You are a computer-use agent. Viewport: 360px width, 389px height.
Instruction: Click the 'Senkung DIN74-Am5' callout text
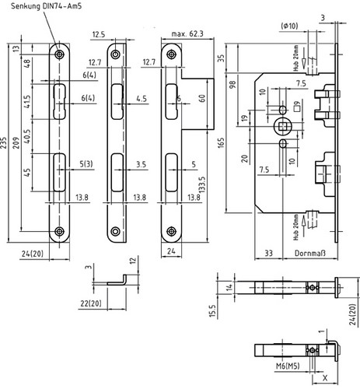[46, 5]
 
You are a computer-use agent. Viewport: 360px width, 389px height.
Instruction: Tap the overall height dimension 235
[4, 142]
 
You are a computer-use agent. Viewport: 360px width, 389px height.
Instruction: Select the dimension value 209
[16, 142]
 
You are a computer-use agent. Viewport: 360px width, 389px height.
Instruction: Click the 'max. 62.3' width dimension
[187, 34]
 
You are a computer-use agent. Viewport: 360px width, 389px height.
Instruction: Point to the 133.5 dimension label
[202, 184]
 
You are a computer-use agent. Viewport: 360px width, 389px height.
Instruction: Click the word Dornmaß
[310, 253]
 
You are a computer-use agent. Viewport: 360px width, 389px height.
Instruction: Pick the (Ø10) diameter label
[289, 26]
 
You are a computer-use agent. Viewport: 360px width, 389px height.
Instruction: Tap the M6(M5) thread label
[288, 366]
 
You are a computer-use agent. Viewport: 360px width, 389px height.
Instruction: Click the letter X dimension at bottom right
[325, 378]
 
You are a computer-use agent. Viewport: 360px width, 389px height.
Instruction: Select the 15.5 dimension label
[212, 311]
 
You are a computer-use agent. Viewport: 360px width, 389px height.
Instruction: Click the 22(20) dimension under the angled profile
[91, 303]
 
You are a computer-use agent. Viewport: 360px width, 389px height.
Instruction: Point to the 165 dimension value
[221, 143]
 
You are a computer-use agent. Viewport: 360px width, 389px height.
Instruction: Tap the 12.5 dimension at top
[99, 34]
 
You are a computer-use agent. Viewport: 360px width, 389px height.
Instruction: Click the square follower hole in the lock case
[281, 126]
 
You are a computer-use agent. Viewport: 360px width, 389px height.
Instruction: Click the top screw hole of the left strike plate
[60, 54]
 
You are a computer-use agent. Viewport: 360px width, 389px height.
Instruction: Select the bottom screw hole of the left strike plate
[60, 231]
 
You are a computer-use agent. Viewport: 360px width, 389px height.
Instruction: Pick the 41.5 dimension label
[27, 102]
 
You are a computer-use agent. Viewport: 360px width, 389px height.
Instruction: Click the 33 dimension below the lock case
[268, 253]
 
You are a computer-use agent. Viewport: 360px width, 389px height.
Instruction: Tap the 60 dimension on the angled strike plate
[202, 98]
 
